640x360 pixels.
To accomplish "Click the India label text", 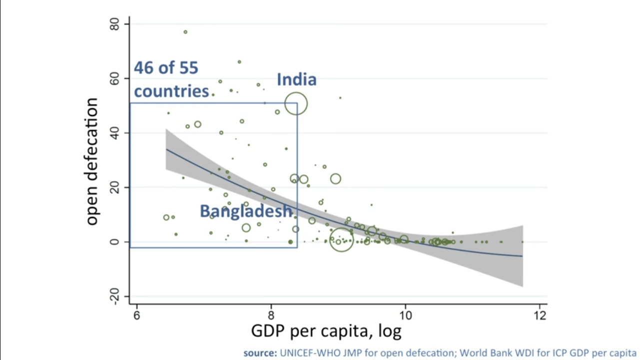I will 296,79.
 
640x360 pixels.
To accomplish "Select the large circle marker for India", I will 296,104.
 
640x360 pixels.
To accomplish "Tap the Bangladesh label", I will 246,211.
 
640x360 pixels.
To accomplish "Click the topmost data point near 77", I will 185,32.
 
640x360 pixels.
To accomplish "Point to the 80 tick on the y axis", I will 115,24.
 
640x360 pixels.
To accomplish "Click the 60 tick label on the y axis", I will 115,79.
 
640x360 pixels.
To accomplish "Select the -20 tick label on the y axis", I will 115,297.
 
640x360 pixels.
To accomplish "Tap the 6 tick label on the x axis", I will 136,315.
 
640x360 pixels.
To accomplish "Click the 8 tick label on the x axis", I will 271,315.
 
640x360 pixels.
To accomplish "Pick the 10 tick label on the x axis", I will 405,315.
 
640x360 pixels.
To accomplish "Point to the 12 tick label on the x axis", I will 540,315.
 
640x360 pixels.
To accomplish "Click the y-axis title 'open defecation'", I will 91,161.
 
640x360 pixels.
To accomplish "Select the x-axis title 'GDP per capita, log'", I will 326,331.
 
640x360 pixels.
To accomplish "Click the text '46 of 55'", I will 166,68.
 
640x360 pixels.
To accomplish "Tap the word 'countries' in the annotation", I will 171,91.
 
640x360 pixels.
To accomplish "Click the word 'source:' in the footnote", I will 260,352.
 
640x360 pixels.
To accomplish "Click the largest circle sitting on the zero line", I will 341,240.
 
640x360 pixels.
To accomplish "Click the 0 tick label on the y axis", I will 115,242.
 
